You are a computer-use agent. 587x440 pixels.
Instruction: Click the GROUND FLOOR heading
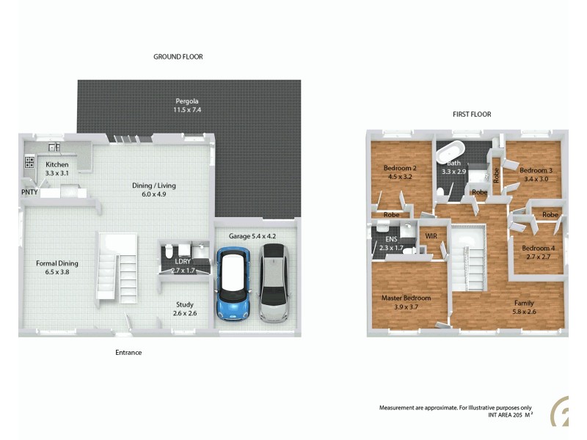point(178,56)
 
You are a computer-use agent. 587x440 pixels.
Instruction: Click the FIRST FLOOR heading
point(471,114)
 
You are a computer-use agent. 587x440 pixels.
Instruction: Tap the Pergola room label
point(187,105)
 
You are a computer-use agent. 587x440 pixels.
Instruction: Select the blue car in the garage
point(234,282)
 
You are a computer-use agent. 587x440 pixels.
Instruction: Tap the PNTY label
point(29,192)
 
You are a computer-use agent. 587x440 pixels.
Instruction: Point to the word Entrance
point(128,353)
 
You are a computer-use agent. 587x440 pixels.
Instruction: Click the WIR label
point(431,235)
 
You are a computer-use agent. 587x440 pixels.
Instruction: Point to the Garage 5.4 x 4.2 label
point(252,236)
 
